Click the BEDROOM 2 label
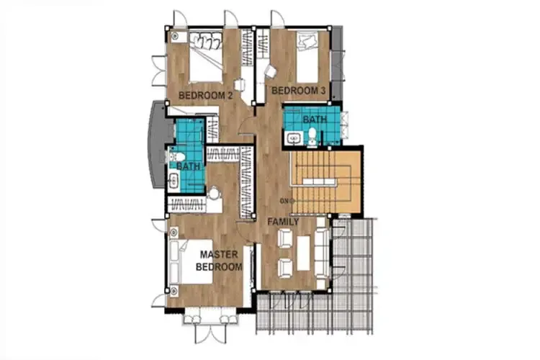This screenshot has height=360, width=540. point(206,96)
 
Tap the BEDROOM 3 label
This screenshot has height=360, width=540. point(299,91)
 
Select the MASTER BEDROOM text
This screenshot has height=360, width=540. point(219,261)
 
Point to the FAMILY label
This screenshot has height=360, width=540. point(284,222)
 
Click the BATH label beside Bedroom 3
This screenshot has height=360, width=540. point(315,120)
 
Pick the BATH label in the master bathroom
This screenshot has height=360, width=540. point(188,166)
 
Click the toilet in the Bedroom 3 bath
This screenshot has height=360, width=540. point(312,136)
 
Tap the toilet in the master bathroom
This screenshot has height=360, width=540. point(177,157)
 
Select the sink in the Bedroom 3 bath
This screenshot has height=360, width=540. point(294,138)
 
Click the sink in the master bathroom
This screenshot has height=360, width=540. point(174,181)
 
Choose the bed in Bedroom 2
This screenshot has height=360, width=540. point(206,57)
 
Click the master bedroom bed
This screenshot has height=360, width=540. point(191,261)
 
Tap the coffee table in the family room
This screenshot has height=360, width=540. point(304,253)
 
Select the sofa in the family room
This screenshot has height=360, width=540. point(323,253)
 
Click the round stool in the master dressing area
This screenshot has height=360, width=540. point(215,193)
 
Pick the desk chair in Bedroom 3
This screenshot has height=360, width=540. point(271,72)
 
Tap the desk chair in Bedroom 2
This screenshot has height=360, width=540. point(239,85)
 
